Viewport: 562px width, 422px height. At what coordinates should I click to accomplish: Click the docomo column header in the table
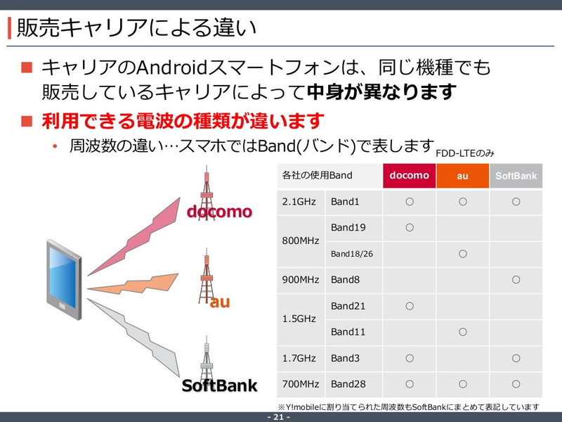[410, 175]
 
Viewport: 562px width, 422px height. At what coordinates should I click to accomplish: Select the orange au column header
[463, 175]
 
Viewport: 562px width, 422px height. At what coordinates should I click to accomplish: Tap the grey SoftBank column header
[516, 175]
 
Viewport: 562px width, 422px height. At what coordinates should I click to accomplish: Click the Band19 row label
[348, 227]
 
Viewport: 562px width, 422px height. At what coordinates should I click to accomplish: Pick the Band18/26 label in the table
[352, 254]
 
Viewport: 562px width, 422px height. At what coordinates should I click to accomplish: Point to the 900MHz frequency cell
[301, 279]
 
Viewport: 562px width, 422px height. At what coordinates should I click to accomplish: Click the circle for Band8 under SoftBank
[516, 279]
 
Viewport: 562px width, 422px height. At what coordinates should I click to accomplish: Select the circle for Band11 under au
[463, 332]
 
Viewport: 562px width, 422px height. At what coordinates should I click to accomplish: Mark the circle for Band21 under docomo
[410, 306]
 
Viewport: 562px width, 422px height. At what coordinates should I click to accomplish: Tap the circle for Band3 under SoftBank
[516, 358]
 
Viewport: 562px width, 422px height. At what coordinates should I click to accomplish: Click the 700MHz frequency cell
[301, 384]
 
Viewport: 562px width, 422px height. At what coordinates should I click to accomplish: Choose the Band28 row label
[348, 384]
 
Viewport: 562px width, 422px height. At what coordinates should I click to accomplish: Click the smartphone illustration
[64, 279]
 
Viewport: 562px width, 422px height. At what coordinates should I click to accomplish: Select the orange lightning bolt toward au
[133, 283]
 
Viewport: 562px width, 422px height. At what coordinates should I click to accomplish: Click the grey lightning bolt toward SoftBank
[134, 337]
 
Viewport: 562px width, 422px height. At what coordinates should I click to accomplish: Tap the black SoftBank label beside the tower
[219, 385]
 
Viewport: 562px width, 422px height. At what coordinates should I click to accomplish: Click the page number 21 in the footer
[278, 417]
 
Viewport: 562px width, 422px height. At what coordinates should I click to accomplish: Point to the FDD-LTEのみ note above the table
[465, 153]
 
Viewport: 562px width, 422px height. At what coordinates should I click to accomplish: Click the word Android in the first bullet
[172, 67]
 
